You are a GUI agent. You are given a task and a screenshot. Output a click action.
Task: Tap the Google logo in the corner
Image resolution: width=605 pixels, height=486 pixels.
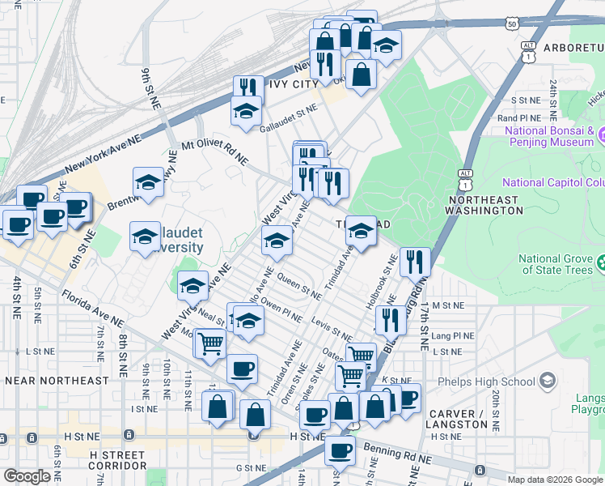click(26, 476)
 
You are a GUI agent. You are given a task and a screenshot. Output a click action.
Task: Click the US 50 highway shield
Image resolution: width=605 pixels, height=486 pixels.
click(512, 25)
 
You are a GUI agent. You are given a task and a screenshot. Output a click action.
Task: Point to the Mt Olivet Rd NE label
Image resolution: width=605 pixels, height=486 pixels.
click(214, 152)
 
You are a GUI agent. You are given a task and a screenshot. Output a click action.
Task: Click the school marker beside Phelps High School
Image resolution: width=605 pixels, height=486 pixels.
click(548, 381)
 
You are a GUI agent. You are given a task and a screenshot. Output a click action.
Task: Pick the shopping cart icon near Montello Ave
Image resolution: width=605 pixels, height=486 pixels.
click(209, 343)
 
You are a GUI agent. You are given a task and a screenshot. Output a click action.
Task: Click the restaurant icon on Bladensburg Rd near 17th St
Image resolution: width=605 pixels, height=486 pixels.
click(415, 262)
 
